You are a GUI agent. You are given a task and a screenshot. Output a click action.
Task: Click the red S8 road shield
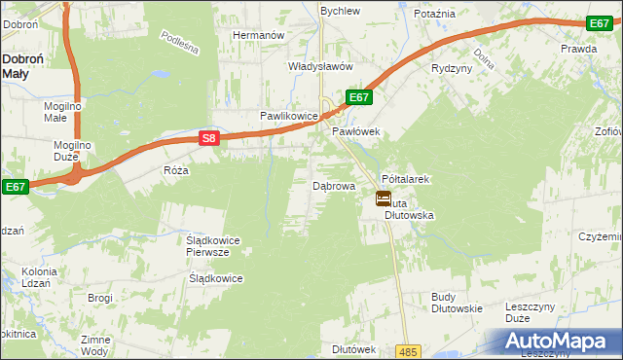coord(209,139)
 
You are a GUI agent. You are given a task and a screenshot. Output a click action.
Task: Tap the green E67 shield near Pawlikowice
coord(358,97)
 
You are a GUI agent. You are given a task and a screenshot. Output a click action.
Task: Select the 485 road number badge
coord(408,350)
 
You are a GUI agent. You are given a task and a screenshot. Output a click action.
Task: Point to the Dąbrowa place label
coord(333,185)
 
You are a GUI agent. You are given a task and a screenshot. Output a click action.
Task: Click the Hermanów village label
coord(257,35)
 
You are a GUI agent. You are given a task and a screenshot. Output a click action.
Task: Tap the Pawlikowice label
coord(288,116)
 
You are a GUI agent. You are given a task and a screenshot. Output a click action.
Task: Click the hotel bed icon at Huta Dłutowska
coord(384,198)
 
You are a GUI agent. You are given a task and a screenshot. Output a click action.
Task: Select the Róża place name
coord(175,170)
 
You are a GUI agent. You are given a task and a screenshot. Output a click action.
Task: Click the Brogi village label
coord(100,298)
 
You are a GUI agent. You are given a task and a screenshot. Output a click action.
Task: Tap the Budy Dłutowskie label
coord(457,302)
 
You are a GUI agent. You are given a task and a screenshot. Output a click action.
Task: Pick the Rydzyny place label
coord(452,68)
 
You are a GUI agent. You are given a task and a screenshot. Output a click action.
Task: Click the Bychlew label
coord(341,11)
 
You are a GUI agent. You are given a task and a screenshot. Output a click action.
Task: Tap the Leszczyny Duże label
coord(531,312)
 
